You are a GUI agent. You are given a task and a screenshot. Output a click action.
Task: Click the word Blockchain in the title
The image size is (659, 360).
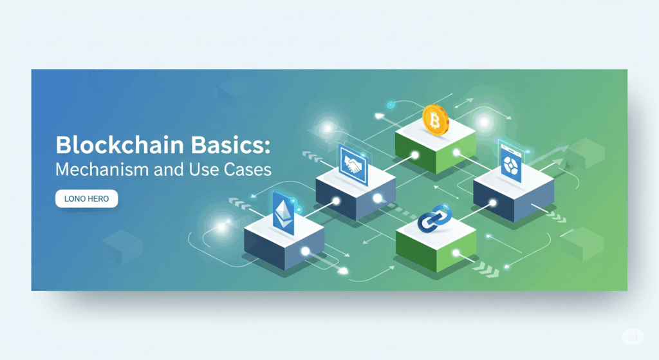[120, 145]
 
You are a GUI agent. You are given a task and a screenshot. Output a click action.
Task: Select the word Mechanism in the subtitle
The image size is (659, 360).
[102, 169]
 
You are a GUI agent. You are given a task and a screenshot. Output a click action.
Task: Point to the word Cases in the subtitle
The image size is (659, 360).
[248, 169]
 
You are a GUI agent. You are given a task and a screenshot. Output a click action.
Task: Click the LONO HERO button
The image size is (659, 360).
[87, 198]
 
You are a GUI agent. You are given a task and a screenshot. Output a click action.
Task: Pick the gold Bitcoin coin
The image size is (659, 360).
[436, 120]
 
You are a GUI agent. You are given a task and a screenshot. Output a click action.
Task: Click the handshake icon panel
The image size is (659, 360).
[353, 166]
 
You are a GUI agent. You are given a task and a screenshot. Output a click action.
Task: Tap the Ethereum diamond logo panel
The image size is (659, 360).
[283, 213]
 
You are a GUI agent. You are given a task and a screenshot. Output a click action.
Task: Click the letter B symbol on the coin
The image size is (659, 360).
[435, 121]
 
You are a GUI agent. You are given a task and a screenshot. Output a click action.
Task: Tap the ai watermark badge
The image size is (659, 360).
[633, 337]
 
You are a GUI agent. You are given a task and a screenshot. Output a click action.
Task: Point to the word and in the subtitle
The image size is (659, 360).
[169, 169]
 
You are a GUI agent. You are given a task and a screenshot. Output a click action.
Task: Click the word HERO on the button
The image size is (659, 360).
[98, 198]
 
